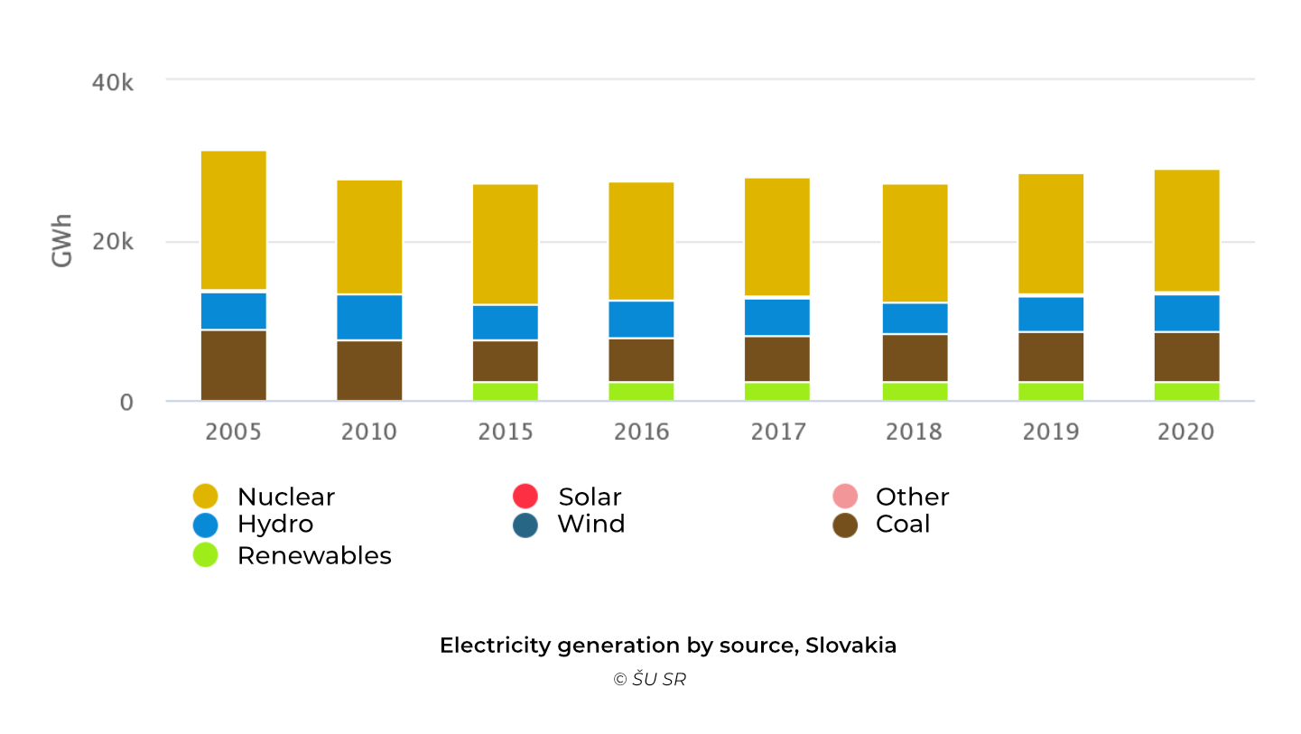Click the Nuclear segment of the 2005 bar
[233, 219]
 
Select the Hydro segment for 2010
[369, 317]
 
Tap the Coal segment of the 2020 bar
[1186, 357]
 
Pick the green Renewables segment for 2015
[505, 391]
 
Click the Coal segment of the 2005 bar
[233, 365]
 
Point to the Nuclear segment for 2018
[915, 243]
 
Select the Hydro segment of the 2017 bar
[777, 317]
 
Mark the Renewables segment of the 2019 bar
[1051, 391]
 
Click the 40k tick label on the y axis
[113, 82]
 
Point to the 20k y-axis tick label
[113, 242]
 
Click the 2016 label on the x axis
[641, 432]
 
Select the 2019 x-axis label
[1051, 432]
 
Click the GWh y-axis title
[62, 241]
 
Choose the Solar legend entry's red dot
[525, 497]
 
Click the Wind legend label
[590, 525]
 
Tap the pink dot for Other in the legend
[845, 497]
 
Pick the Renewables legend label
[314, 555]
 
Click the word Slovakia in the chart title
[850, 646]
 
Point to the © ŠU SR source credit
[649, 680]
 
